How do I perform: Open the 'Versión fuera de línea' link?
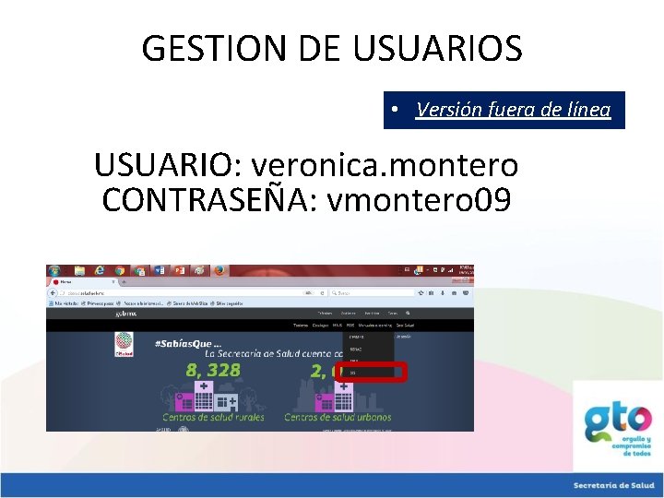pos(513,110)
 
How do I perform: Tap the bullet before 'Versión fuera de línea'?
pos(394,110)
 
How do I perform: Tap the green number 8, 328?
pos(213,371)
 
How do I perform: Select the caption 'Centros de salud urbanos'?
pos(338,417)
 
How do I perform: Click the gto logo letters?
pos(619,420)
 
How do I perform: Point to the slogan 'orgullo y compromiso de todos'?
pos(635,446)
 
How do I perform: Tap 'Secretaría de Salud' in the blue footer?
pos(612,485)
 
